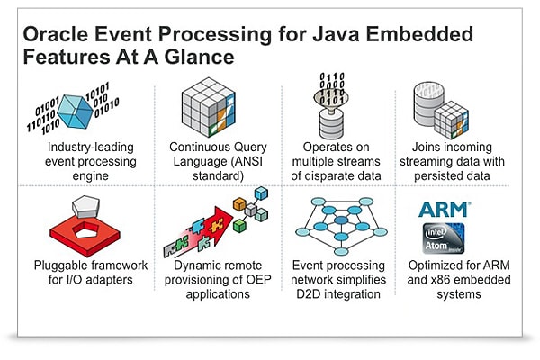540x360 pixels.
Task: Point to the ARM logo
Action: pyautogui.click(x=445, y=210)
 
